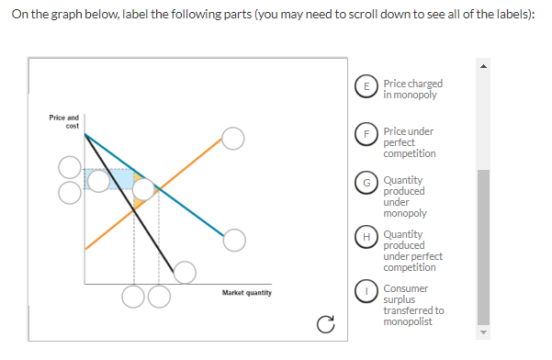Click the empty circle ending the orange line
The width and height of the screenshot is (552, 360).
(233, 138)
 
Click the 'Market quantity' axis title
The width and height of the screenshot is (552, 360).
(246, 293)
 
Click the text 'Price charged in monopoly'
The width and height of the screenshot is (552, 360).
(412, 88)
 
